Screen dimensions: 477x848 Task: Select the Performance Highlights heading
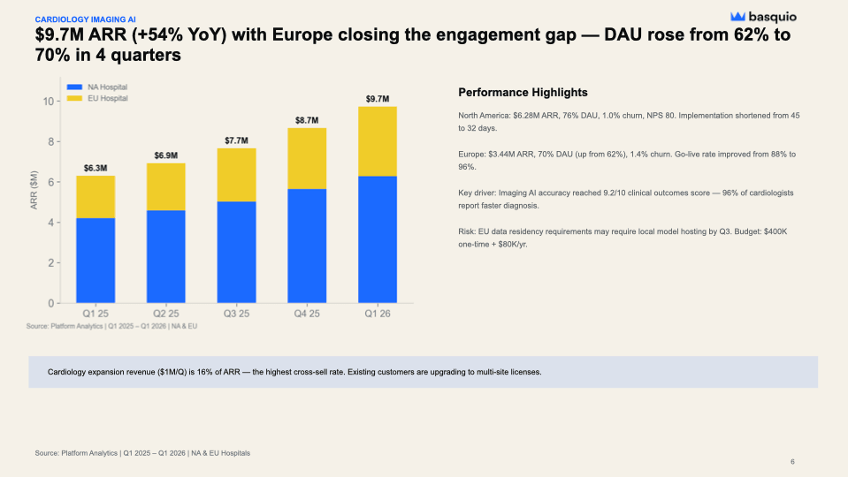pyautogui.click(x=523, y=93)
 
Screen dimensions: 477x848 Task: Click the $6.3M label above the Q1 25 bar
pyautogui.click(x=95, y=167)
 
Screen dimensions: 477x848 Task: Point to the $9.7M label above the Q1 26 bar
pyautogui.click(x=378, y=98)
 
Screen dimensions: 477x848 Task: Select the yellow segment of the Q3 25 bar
pyautogui.click(x=236, y=175)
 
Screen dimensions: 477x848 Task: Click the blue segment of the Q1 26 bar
pyautogui.click(x=378, y=239)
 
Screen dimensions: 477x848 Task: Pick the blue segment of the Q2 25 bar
pyautogui.click(x=166, y=256)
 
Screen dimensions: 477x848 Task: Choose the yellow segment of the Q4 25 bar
pyautogui.click(x=307, y=158)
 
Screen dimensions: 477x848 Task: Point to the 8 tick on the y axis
pyautogui.click(x=52, y=141)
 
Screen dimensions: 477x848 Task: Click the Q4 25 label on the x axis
pyautogui.click(x=307, y=314)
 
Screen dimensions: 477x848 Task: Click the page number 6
pyautogui.click(x=792, y=462)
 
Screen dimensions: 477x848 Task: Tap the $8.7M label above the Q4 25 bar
pyautogui.click(x=307, y=119)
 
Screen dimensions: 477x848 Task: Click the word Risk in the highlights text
pyautogui.click(x=467, y=231)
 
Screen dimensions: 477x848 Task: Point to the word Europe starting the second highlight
pyautogui.click(x=472, y=154)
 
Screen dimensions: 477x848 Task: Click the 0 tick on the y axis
pyautogui.click(x=52, y=303)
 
